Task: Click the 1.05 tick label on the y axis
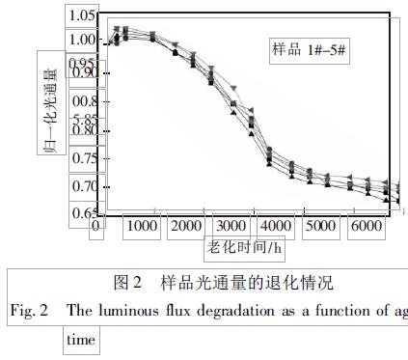[x=83, y=16]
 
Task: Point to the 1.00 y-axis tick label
[x=83, y=40]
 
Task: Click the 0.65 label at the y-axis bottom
[x=83, y=213]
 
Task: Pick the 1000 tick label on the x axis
[x=142, y=226]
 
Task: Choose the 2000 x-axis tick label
[x=186, y=226]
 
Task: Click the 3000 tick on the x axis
[x=231, y=226]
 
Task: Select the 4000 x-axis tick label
[x=277, y=226]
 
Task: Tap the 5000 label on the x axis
[x=320, y=226]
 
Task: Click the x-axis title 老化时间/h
[x=245, y=247]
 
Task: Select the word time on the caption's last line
[x=82, y=340]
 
